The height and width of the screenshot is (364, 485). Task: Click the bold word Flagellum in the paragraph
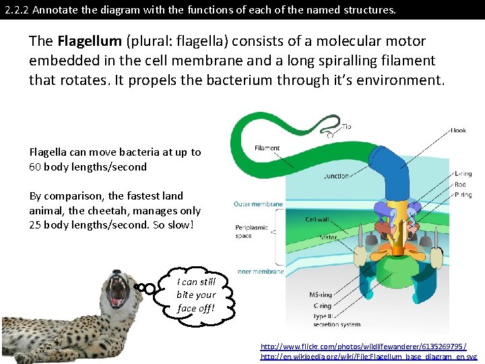click(x=84, y=41)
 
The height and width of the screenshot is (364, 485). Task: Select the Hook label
click(x=458, y=130)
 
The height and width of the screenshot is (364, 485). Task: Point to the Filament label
click(x=267, y=148)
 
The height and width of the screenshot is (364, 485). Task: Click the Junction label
click(x=336, y=177)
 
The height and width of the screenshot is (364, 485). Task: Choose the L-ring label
click(x=463, y=173)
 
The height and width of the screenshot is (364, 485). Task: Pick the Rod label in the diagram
click(x=459, y=184)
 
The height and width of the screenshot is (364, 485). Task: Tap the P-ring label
click(x=463, y=194)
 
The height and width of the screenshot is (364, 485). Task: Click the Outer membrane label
click(x=258, y=204)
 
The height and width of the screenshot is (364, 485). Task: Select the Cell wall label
click(x=317, y=220)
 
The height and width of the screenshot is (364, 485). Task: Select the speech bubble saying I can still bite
click(x=196, y=295)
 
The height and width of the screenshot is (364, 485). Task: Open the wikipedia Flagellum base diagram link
click(x=368, y=357)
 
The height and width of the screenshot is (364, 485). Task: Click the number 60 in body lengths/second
click(x=35, y=166)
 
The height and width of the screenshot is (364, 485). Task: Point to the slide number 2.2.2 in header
click(x=15, y=10)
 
